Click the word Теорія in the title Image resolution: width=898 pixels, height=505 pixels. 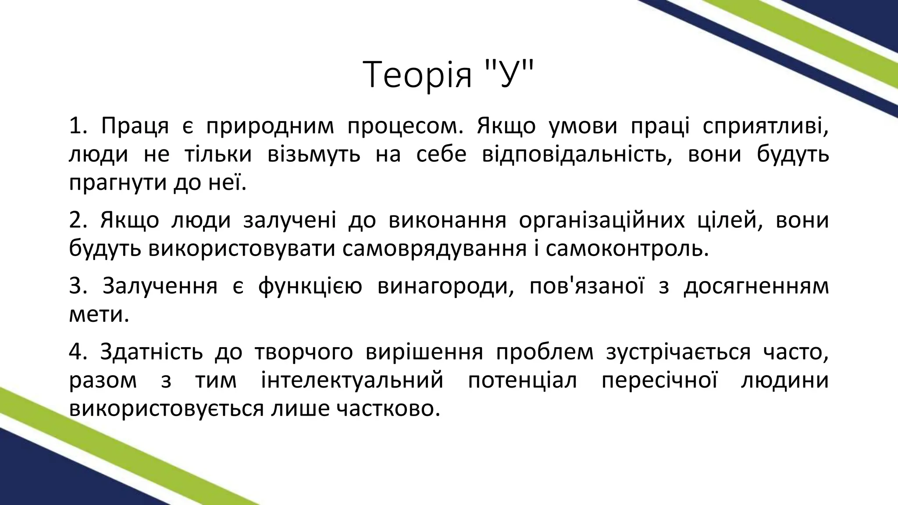tap(419, 75)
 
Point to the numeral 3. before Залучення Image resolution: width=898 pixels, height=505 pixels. tap(79, 286)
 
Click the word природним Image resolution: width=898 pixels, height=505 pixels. tap(270, 127)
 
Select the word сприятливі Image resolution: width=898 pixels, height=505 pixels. tap(766, 127)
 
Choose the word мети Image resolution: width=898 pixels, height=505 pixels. tap(99, 315)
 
